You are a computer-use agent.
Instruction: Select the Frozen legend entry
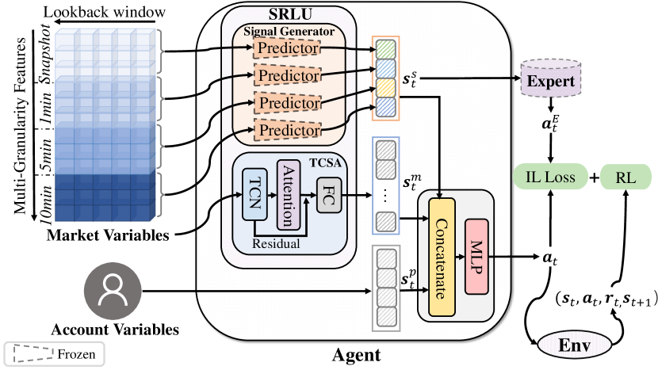(54, 353)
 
